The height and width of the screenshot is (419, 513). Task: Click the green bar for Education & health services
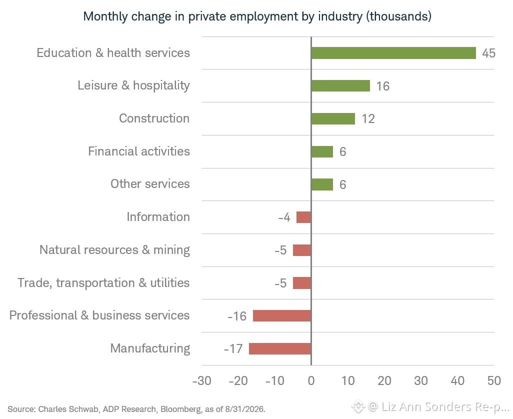coord(393,53)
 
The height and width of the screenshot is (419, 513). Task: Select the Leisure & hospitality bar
coord(340,85)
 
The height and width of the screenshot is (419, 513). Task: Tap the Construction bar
coord(333,118)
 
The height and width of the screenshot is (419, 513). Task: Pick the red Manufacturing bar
coord(280,348)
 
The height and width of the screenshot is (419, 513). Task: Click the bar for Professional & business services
coord(282,315)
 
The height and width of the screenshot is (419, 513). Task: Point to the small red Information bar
coord(303,217)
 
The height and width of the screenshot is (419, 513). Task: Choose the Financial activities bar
coord(322,152)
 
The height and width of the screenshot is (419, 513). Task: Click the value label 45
coord(489,53)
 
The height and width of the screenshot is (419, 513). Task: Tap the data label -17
coord(233,349)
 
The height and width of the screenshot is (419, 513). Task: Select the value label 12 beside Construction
coord(368,118)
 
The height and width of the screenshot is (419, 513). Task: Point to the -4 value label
coord(284,217)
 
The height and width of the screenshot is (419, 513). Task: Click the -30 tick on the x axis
coord(201,380)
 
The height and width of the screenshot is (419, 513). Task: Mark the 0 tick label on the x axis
coord(311,380)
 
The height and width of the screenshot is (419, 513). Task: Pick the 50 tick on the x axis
coord(494,380)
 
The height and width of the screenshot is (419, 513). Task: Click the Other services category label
coord(150,184)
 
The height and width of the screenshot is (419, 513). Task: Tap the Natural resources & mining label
coord(114,250)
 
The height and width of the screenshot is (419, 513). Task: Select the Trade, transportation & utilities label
coord(103,283)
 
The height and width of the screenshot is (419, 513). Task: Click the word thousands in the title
coord(398,16)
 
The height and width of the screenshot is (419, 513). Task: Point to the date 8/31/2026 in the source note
coord(244,409)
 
